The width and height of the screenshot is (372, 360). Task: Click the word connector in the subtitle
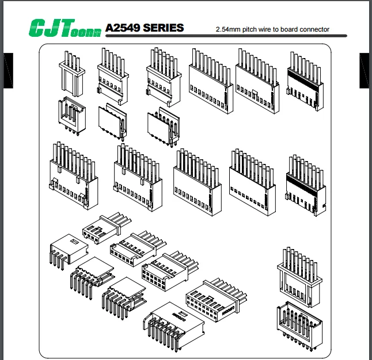313,29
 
